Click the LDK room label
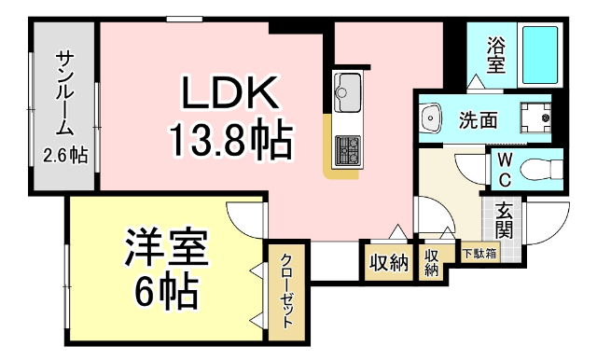pos(229,94)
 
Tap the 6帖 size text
pos(168,293)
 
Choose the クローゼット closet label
pos(286,289)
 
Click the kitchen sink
pos(346,91)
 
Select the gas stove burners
pos(347,148)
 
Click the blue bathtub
pos(538,55)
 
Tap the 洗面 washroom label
pos(477,119)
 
